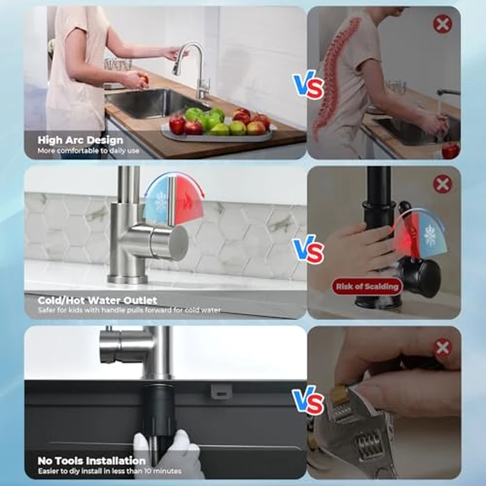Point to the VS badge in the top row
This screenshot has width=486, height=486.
coord(308,86)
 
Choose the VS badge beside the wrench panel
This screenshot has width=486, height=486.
coord(308,401)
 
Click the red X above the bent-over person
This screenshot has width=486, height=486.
coord(442,24)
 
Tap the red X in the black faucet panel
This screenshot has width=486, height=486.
coord(442,184)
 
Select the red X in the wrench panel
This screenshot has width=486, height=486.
coord(442,347)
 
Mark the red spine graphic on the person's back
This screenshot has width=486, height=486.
coord(337,76)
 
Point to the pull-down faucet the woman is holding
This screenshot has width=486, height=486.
coord(189,66)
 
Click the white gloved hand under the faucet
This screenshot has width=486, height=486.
coord(167,455)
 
